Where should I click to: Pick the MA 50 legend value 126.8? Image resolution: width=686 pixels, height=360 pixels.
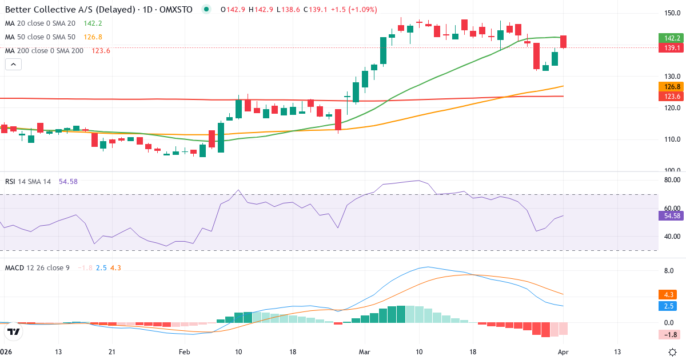tap(93, 37)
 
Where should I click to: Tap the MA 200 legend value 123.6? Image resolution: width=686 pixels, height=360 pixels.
tap(101, 50)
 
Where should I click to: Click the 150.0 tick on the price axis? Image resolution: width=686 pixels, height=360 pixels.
tap(672, 13)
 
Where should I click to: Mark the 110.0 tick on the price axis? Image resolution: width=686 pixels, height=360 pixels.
tap(672, 139)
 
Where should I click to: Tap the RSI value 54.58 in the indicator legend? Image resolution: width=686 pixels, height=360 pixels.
tap(68, 181)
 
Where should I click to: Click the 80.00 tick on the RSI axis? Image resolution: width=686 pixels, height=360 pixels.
tap(672, 180)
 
